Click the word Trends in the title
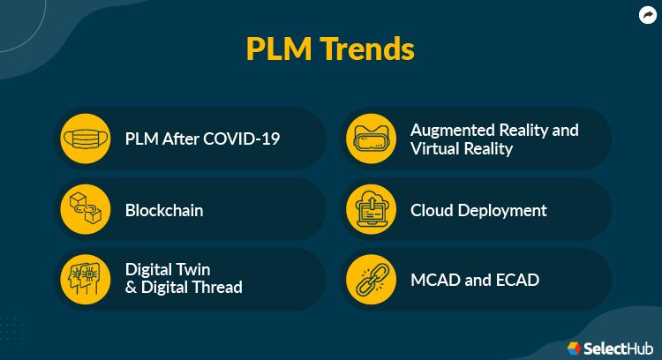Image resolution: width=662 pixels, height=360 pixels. click(x=370, y=49)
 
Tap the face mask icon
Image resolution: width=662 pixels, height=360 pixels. click(x=87, y=139)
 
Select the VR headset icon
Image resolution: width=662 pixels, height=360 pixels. click(x=371, y=139)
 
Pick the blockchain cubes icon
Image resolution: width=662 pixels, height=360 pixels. click(x=87, y=210)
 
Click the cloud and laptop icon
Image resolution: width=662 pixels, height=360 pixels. click(x=371, y=210)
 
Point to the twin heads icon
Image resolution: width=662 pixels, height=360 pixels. click(x=87, y=279)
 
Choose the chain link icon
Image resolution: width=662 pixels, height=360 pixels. click(x=371, y=280)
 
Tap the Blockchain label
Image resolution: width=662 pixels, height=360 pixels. click(x=164, y=210)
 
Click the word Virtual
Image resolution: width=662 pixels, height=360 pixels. click(x=435, y=148)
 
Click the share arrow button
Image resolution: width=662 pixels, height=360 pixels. click(x=647, y=14)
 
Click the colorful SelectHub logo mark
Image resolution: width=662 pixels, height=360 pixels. click(x=574, y=348)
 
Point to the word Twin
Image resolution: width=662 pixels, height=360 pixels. click(x=192, y=269)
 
